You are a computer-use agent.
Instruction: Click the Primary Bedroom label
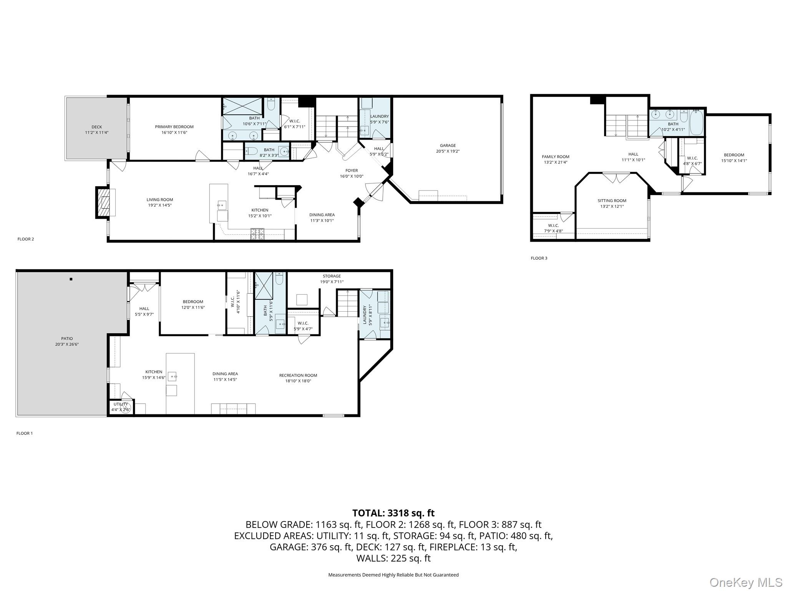[x=174, y=127]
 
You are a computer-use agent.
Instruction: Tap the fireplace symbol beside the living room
[x=103, y=202]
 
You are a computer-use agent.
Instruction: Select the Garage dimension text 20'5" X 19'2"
[x=448, y=151]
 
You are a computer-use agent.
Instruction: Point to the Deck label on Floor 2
[x=96, y=127]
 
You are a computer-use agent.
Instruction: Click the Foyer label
[x=351, y=170]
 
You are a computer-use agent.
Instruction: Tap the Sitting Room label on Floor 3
[x=612, y=200]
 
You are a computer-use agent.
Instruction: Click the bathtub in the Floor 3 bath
[x=696, y=123]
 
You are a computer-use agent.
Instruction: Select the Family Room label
[x=555, y=157]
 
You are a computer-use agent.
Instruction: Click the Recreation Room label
[x=298, y=375]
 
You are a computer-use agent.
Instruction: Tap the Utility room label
[x=121, y=404]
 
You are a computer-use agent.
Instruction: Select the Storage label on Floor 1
[x=332, y=276]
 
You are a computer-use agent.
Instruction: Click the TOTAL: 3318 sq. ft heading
[x=393, y=513]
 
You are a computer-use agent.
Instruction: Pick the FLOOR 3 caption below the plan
[x=539, y=258]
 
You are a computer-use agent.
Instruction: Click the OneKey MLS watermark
[x=745, y=582]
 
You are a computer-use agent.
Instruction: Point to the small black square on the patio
[x=71, y=279]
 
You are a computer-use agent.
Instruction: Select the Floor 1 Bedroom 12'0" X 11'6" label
[x=193, y=304]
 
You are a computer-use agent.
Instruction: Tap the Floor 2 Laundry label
[x=379, y=116]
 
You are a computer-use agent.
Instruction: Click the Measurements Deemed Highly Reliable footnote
[x=393, y=575]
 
